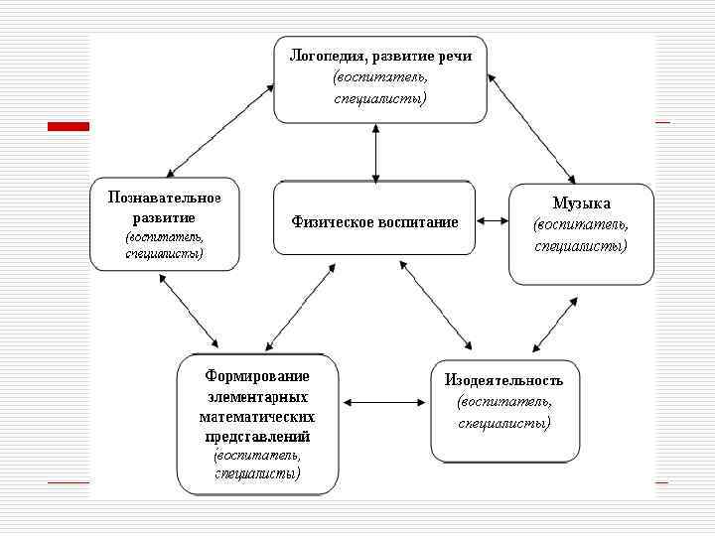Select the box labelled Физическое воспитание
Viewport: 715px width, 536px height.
tap(374, 221)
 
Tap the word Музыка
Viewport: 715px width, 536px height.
tap(581, 203)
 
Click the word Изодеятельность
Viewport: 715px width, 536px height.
tap(504, 380)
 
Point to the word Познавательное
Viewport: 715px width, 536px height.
tap(165, 197)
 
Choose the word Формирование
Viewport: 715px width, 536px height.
tap(257, 376)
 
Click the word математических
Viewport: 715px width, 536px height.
tap(257, 417)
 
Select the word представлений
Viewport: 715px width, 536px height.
tap(257, 437)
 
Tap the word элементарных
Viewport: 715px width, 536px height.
tap(257, 397)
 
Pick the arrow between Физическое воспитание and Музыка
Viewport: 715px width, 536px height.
tap(492, 220)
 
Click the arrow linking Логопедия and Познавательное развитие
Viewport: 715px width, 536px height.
tap(220, 130)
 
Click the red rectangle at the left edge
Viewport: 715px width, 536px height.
tap(69, 126)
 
